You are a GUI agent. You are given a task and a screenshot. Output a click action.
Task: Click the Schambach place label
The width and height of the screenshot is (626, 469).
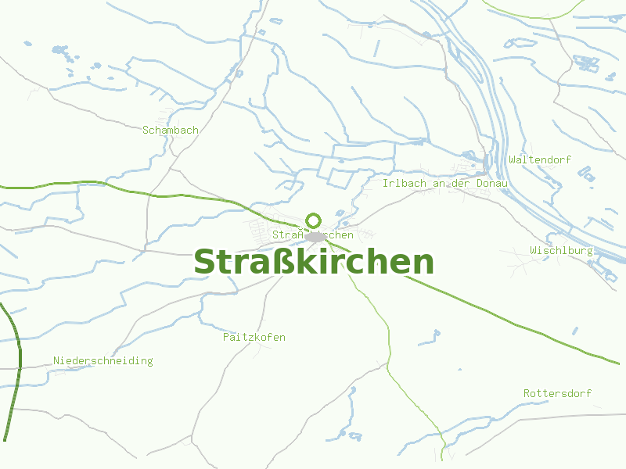(171, 131)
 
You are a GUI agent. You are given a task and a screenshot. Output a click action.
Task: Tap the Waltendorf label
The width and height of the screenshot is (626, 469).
(540, 159)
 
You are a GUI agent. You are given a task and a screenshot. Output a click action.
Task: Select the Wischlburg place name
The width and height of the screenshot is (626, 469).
(561, 251)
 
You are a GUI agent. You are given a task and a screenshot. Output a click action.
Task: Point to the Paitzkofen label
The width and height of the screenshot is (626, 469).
(254, 338)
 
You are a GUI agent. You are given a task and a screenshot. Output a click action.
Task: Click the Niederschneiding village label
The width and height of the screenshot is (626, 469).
(103, 361)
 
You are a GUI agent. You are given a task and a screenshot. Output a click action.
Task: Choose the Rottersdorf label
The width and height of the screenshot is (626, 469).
(558, 393)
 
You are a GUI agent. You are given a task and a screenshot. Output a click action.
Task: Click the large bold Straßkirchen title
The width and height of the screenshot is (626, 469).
(313, 262)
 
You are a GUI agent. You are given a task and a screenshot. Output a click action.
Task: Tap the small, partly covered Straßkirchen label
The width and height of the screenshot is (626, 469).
(313, 235)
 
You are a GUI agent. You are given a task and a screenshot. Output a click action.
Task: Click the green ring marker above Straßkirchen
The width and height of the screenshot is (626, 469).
(314, 220)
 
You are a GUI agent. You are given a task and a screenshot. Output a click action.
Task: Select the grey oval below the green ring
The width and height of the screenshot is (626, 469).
(315, 236)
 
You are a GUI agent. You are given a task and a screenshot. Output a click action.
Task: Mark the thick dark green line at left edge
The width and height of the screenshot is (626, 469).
(15, 367)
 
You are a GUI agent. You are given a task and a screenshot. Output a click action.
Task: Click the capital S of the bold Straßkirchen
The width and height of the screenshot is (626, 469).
(204, 263)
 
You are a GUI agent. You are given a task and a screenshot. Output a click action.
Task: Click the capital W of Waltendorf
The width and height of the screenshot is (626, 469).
(512, 159)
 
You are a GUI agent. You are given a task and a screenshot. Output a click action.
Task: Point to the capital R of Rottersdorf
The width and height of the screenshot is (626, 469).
(527, 393)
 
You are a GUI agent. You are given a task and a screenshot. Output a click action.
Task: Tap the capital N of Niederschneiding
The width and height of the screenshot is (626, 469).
(56, 361)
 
